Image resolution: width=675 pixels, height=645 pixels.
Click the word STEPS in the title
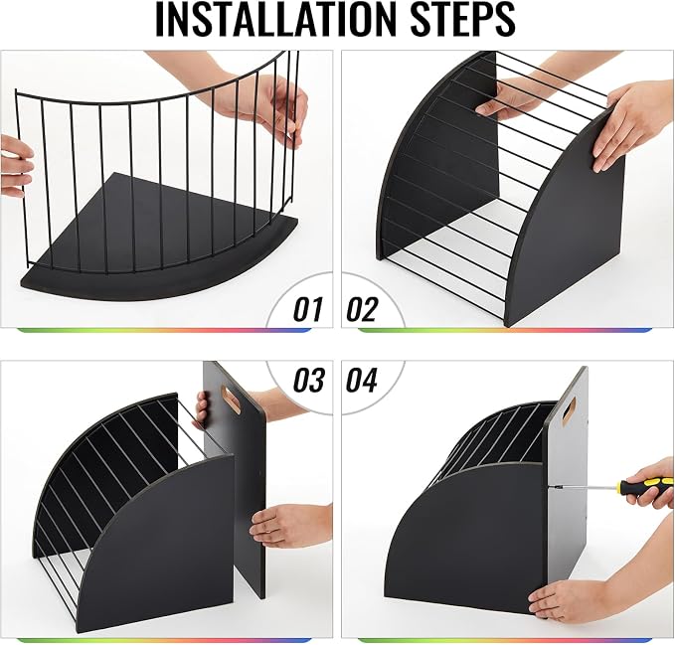pyautogui.click(x=463, y=20)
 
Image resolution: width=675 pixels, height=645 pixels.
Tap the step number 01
pyautogui.click(x=308, y=309)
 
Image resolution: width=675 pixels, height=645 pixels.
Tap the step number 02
pyautogui.click(x=362, y=309)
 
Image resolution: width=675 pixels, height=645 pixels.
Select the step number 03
pyautogui.click(x=308, y=380)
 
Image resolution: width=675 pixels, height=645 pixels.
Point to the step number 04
pyautogui.click(x=362, y=380)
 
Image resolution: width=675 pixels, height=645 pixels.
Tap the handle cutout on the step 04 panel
pyautogui.click(x=569, y=411)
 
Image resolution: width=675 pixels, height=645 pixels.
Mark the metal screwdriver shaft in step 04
pyautogui.click(x=585, y=487)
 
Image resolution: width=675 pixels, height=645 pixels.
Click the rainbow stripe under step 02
pyautogui.click(x=505, y=330)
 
